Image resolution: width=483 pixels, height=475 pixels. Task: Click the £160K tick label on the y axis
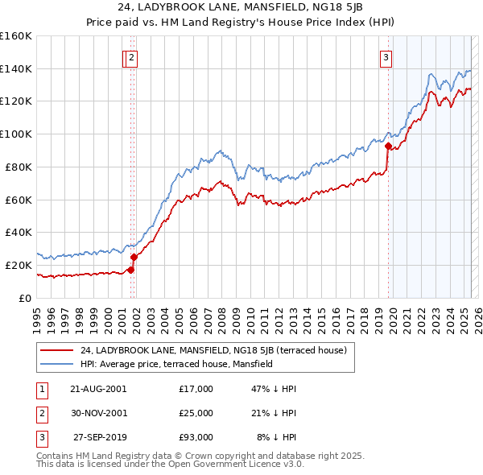pyautogui.click(x=16, y=36)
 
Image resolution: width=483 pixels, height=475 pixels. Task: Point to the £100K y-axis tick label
pyautogui.click(x=16, y=134)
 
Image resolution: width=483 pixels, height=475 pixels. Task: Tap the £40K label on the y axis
pyautogui.click(x=19, y=232)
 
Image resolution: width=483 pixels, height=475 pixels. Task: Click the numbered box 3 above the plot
pyautogui.click(x=386, y=57)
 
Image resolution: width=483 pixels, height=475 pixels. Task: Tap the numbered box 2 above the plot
pyautogui.click(x=131, y=57)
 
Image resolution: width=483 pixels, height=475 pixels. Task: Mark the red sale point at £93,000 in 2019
pyautogui.click(x=388, y=146)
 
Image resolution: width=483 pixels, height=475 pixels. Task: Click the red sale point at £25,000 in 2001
pyautogui.click(x=134, y=257)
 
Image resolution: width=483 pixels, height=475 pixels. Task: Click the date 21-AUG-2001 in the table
pyautogui.click(x=98, y=389)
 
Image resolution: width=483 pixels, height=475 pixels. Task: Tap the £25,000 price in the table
pyautogui.click(x=196, y=413)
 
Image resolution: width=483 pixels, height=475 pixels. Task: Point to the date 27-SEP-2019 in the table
pyautogui.click(x=100, y=437)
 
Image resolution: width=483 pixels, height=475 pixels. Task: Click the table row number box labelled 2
pyautogui.click(x=41, y=413)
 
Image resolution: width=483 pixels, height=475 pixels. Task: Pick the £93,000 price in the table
pyautogui.click(x=196, y=437)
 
